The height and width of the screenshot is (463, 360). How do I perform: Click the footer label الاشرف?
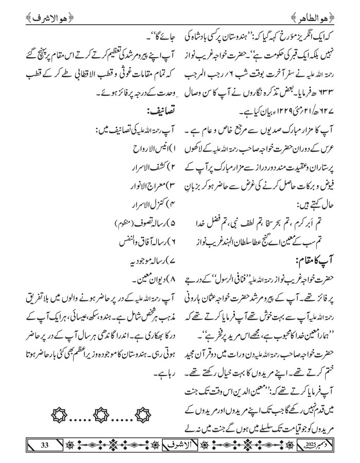click(x=181, y=444)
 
